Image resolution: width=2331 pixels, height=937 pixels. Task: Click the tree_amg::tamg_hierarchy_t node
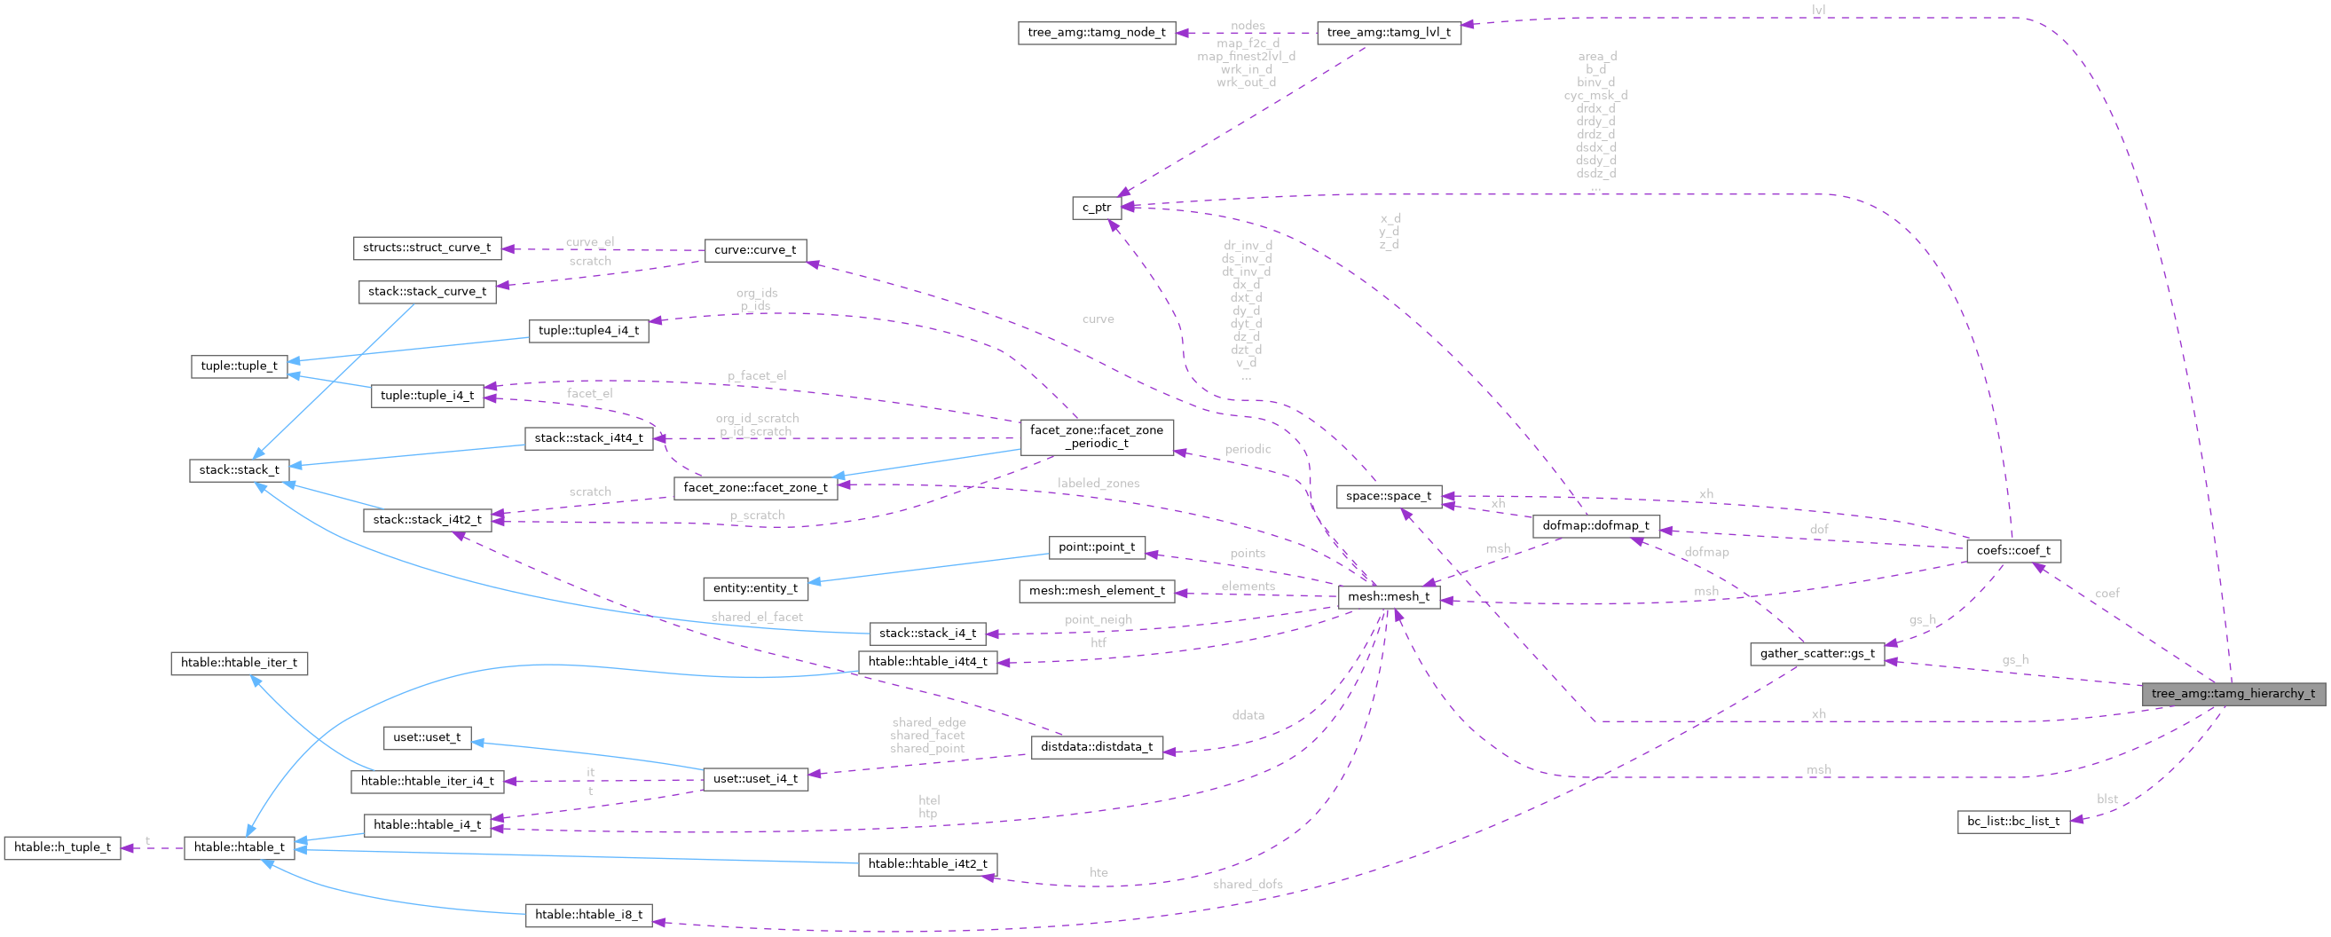(2233, 694)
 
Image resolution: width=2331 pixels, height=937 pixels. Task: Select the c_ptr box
(1097, 208)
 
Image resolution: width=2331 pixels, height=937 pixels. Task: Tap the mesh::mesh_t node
(1388, 595)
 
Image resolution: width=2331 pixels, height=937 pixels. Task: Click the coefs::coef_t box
(2013, 550)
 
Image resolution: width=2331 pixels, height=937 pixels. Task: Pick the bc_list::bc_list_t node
(2012, 821)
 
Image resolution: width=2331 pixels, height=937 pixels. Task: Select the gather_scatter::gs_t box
(1817, 654)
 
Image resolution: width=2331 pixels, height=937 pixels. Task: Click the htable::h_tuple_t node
(62, 847)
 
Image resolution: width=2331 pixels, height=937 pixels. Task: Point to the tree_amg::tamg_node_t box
(1097, 34)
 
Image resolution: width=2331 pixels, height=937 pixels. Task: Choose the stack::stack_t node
(240, 470)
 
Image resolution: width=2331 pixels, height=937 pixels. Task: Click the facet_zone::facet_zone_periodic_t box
(1096, 437)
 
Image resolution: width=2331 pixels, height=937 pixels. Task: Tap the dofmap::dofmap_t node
(1595, 525)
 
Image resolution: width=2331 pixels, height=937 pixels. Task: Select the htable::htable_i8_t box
(588, 914)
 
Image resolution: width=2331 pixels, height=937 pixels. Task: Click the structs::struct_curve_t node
(426, 248)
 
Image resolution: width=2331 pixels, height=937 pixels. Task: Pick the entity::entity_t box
(756, 588)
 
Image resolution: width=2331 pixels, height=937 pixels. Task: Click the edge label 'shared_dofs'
(1247, 884)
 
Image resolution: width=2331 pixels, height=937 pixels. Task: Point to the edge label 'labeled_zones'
(1098, 484)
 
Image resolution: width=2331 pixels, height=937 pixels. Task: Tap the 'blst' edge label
(2107, 799)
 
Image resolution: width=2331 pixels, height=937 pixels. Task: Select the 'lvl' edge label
(1818, 10)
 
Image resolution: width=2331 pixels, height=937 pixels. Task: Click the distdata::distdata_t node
(1097, 747)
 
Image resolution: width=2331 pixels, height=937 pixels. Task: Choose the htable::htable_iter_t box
(239, 663)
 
